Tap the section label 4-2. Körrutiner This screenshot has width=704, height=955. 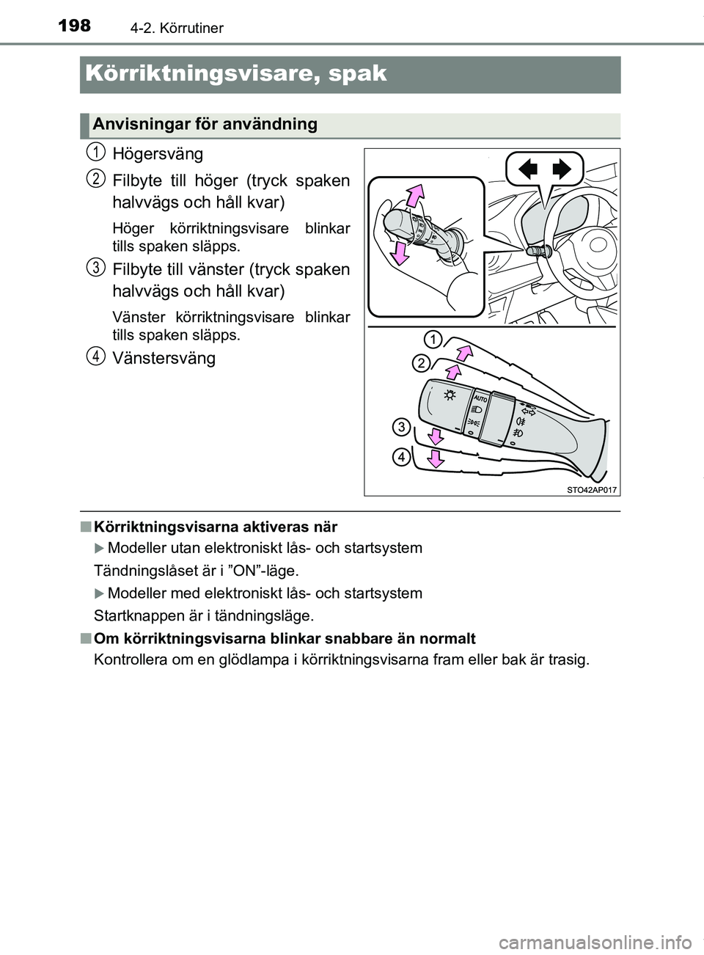pos(177,29)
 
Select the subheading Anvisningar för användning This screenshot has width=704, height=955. pos(205,124)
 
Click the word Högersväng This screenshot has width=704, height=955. pos(158,154)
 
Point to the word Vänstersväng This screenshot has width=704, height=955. pos(164,358)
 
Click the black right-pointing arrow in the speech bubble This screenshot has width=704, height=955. pos(561,170)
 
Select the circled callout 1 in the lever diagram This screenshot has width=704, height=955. pos(433,339)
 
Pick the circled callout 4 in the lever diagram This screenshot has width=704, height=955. pos(401,457)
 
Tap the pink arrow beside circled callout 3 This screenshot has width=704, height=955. pos(436,437)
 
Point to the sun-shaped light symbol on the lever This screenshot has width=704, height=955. pos(449,395)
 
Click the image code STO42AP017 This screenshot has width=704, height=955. pos(592,489)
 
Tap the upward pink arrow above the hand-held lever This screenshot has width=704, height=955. pos(415,196)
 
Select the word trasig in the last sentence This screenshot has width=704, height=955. pos(567,659)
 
